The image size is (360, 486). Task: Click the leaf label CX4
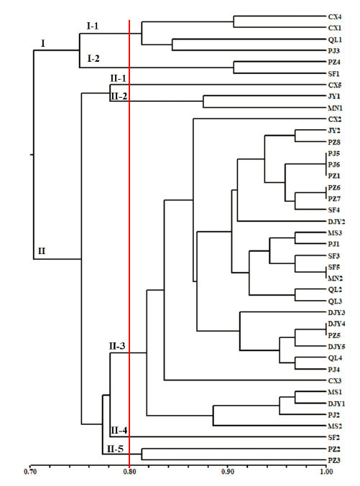pos(335,17)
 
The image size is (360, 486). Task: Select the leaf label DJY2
pos(336,222)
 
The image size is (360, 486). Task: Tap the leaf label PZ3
pos(334,461)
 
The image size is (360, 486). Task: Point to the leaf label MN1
pos(335,108)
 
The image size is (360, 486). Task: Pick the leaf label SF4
pos(334,210)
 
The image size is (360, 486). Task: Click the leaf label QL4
pos(335,358)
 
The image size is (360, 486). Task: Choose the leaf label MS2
pos(335,426)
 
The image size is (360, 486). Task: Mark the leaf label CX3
pos(335,381)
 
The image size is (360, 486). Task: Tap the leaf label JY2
pos(334,131)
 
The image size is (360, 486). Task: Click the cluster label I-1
pos(93,27)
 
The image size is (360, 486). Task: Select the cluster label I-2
pos(93,58)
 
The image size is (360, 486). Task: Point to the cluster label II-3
pos(117,346)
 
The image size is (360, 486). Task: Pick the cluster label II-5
pos(116,449)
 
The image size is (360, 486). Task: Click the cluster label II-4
pos(119,431)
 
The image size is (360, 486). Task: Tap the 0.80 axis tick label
pos(129,472)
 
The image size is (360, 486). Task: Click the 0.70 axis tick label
pos(30,472)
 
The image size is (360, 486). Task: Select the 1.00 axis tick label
pos(326,472)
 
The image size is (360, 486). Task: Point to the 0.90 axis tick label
pos(228,472)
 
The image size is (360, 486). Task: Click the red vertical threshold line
pos(129,243)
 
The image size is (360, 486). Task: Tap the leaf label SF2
pos(334,438)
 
